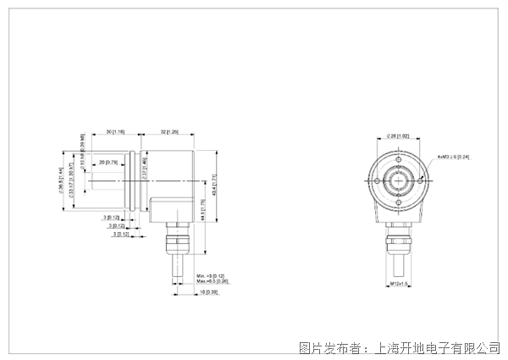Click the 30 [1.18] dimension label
[x=117, y=133]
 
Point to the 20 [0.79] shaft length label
[x=108, y=162]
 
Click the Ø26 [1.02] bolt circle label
[x=397, y=136]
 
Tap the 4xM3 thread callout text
[x=453, y=157]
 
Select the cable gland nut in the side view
[x=175, y=241]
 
